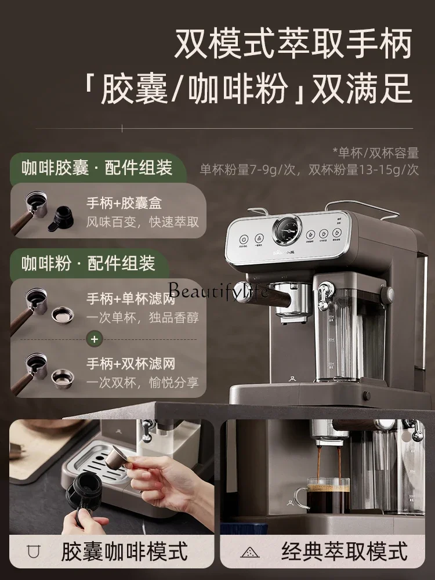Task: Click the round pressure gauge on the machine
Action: (287, 230)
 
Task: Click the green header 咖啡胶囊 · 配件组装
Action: (97, 168)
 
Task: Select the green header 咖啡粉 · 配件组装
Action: (88, 264)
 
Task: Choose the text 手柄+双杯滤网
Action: (131, 364)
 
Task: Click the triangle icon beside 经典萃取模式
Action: (250, 552)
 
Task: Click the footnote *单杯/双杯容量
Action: (375, 153)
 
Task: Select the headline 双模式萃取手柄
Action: (293, 43)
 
